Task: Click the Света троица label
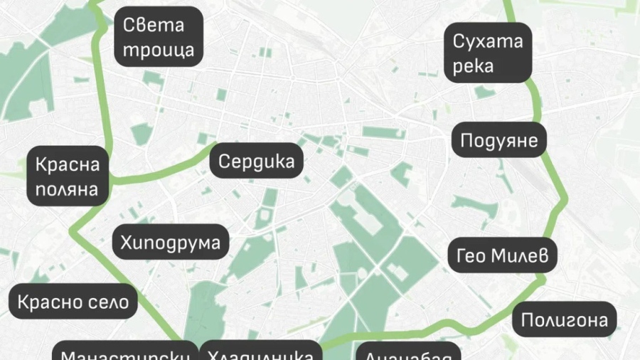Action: [x=159, y=38]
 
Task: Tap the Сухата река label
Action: [x=489, y=53]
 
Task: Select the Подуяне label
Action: [x=500, y=140]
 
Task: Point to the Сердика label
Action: [x=256, y=161]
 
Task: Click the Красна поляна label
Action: [x=68, y=177]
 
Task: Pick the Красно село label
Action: [x=73, y=302]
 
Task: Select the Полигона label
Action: [x=565, y=320]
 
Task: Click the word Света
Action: [x=154, y=25]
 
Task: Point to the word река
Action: [x=473, y=67]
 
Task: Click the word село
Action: [x=106, y=302]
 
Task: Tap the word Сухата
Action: [x=489, y=41]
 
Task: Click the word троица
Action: [x=159, y=51]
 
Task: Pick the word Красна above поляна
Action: [x=68, y=164]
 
